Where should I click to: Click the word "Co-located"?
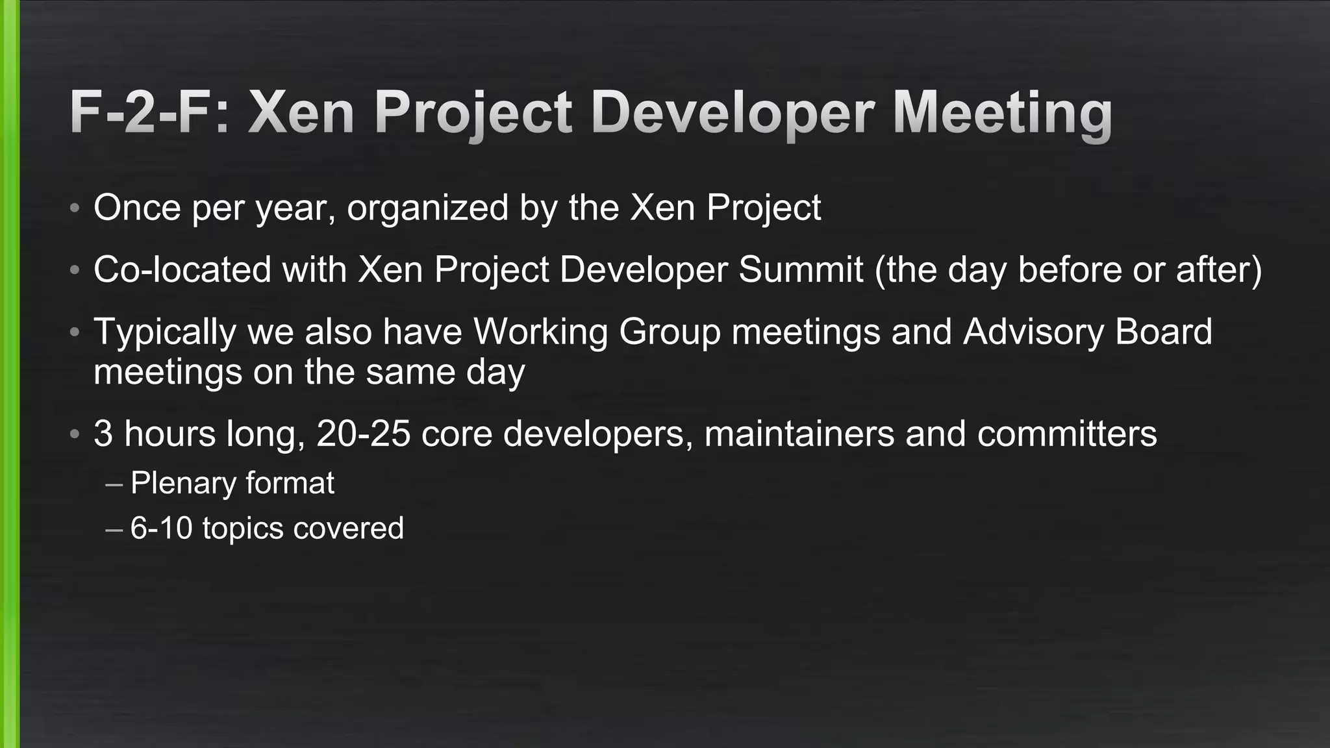coord(182,269)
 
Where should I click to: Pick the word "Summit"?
coord(801,269)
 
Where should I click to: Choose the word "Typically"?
coord(165,332)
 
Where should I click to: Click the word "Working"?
coord(540,332)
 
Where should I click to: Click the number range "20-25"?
coord(363,433)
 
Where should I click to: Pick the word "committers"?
coord(1066,433)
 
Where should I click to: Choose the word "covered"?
coord(348,528)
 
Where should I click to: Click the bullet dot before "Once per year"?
coord(75,208)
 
